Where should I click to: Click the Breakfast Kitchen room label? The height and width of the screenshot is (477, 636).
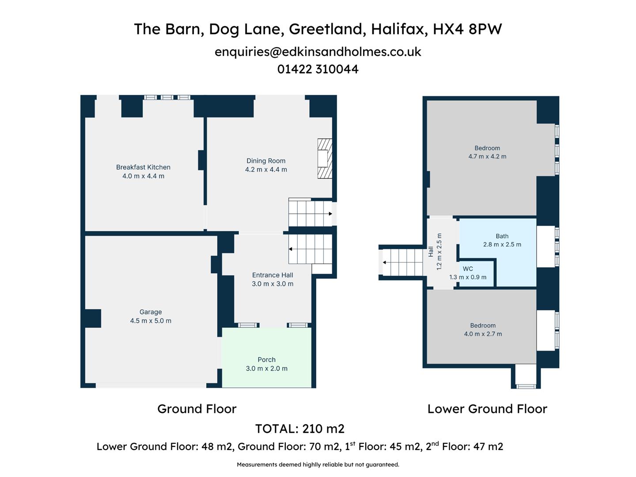[x=143, y=167]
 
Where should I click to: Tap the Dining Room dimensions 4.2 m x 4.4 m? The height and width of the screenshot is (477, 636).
[x=266, y=170]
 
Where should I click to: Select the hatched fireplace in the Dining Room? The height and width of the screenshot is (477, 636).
[x=324, y=159]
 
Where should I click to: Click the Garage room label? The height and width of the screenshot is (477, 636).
[x=151, y=312]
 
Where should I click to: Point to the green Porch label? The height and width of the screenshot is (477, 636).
[x=266, y=360]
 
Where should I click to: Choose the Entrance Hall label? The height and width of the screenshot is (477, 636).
[x=273, y=275]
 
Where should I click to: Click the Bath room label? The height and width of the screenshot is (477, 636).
[x=502, y=236]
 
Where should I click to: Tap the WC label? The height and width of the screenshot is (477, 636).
[x=468, y=269]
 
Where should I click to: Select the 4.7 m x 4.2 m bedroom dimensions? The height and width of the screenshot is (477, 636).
[x=487, y=157]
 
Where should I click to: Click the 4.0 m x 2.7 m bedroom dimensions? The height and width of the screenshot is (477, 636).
[x=483, y=334]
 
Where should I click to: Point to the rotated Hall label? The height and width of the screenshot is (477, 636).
[x=431, y=252]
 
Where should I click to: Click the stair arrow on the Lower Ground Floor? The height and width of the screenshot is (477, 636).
[x=385, y=262]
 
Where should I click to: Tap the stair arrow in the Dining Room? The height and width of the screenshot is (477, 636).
[x=330, y=214]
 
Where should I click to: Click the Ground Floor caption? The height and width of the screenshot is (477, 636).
[x=197, y=409]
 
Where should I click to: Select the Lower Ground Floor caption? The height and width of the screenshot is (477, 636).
[x=487, y=409]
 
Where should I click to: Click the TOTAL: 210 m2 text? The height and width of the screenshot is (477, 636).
[x=300, y=429]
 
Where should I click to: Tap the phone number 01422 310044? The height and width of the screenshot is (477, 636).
[x=318, y=69]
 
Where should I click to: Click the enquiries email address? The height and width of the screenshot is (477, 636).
[x=318, y=52]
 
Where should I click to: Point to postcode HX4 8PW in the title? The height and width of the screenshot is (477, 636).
[x=467, y=29]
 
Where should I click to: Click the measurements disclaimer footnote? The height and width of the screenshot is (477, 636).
[x=318, y=465]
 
